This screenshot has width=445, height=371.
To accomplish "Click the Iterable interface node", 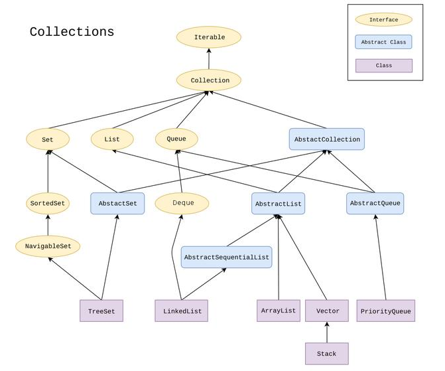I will point(209,38).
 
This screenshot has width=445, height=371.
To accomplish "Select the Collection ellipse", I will point(209,80).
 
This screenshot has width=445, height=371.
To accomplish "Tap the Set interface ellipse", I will point(48,139).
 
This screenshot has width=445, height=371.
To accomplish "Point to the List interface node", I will point(112,139).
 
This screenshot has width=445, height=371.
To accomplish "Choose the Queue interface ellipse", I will point(176,139).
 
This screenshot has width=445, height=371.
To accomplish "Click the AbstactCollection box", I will point(326,139).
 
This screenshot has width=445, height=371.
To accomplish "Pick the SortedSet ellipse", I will point(48,203).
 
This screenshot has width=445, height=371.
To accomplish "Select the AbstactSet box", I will point(117,203).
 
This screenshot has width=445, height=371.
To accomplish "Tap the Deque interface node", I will point(182,203).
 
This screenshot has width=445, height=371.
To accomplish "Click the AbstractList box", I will point(279,203).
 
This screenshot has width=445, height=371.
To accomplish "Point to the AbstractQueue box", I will point(375,203).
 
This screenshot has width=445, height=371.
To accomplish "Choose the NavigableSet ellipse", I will point(48,247).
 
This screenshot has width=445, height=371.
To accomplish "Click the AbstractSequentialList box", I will point(227,257).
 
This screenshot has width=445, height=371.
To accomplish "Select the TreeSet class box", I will point(101,311).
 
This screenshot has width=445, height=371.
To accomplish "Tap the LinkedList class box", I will point(181,311).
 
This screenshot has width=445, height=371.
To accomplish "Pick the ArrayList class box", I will point(279,311).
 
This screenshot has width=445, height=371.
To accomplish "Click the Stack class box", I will point(326,354).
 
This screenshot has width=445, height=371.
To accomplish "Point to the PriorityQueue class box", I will point(385,311).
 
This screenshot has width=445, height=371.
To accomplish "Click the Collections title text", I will point(72,32).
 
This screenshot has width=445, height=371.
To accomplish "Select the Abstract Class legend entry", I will point(383,42).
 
